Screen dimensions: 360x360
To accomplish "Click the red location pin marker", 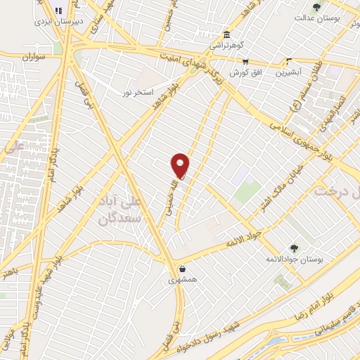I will (181, 165).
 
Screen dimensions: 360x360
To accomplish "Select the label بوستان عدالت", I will (316, 18).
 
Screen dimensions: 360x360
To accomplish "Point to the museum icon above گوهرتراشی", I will (226, 34).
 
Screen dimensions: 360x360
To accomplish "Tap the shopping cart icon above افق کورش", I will (245, 62).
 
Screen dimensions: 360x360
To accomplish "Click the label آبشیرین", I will (289, 72).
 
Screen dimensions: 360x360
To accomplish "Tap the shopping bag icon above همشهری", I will (183, 268).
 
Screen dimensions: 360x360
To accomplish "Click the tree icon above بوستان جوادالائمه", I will (295, 248).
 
